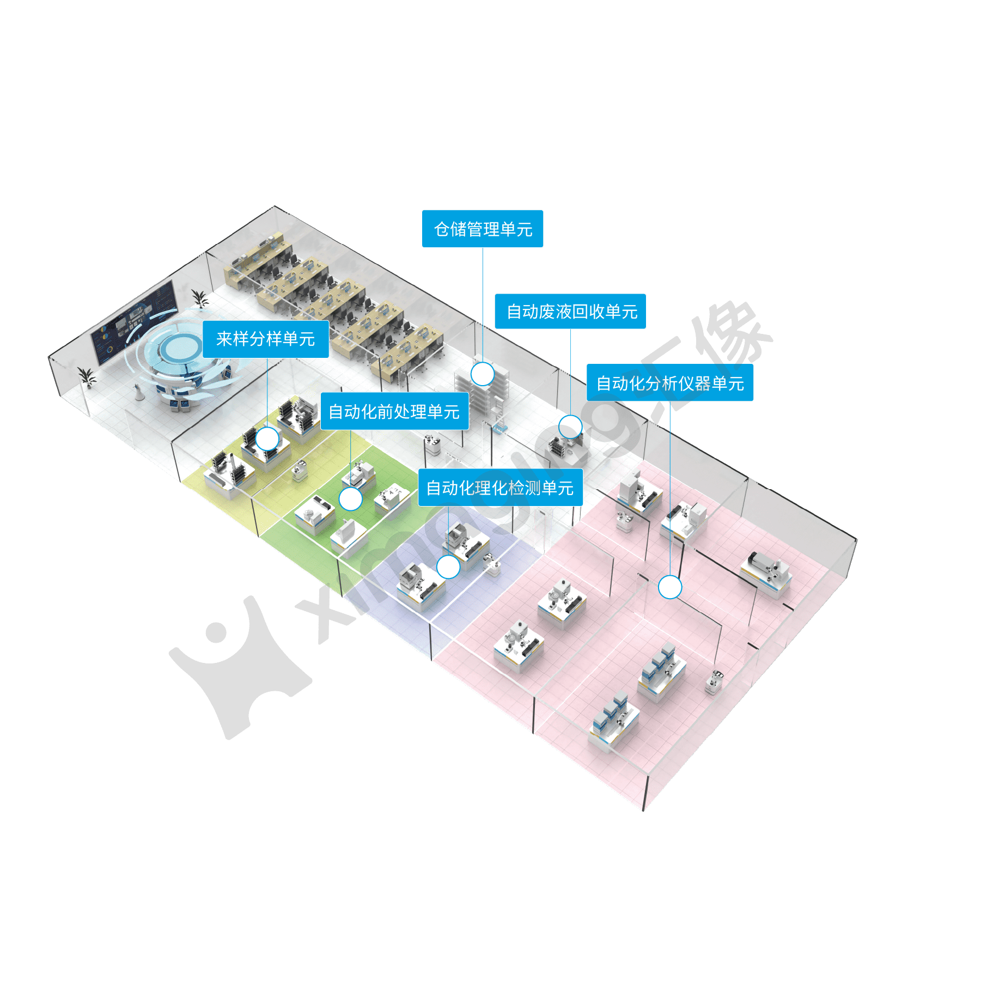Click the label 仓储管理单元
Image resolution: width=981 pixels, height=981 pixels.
(x=483, y=229)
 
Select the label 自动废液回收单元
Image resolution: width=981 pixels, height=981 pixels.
(x=570, y=312)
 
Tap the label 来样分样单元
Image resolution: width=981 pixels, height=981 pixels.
(x=266, y=339)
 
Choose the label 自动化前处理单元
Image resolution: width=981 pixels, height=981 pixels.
(x=394, y=411)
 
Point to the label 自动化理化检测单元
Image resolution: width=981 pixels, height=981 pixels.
(x=500, y=488)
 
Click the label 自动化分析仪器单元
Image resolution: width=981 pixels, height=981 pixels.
(x=670, y=383)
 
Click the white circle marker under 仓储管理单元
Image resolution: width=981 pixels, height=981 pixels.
(x=482, y=374)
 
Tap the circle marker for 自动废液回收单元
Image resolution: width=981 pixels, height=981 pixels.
(x=570, y=427)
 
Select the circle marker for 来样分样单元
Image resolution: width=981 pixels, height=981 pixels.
(x=267, y=438)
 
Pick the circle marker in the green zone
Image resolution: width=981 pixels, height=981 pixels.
(x=350, y=499)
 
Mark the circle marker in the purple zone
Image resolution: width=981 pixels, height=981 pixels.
(x=448, y=567)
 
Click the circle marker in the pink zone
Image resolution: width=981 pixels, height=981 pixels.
(x=670, y=587)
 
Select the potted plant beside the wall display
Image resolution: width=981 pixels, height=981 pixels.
(x=199, y=299)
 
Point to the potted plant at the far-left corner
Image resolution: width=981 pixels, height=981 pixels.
(x=86, y=376)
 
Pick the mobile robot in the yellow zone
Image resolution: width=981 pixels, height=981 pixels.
(x=299, y=471)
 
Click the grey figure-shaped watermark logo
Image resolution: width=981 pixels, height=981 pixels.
(x=240, y=665)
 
